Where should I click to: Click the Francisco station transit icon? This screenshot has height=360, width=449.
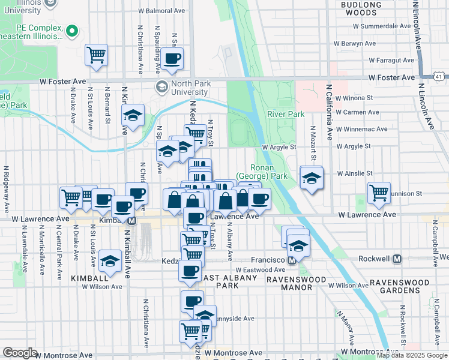pyautogui.click(x=292, y=260)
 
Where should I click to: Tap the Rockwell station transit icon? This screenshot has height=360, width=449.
pyautogui.click(x=397, y=259)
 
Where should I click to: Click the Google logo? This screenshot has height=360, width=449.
pyautogui.click(x=20, y=353)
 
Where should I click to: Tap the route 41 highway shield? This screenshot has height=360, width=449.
pyautogui.click(x=441, y=76)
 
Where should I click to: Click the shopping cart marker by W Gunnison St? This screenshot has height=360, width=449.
pyautogui.click(x=379, y=193)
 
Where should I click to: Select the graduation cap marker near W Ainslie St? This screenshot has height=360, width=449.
pyautogui.click(x=312, y=178)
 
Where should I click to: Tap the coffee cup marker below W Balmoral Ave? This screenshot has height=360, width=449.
pyautogui.click(x=172, y=58)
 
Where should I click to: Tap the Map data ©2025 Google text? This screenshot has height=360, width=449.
pyautogui.click(x=412, y=355)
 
